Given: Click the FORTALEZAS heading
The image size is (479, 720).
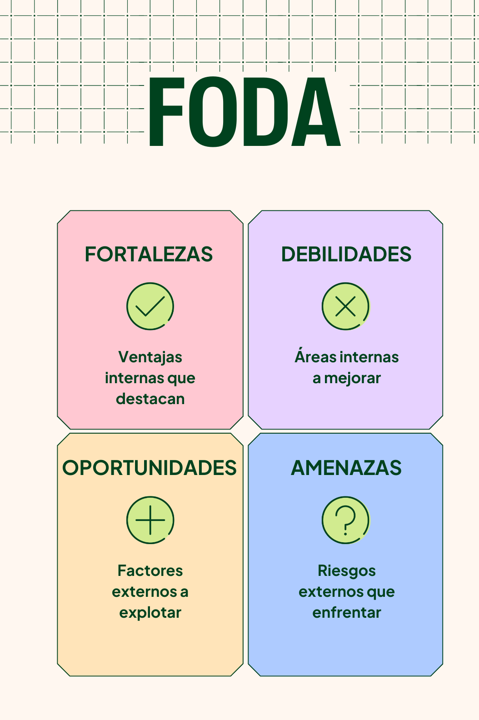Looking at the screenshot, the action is (149, 254).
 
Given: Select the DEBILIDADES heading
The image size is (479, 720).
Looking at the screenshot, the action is (346, 254).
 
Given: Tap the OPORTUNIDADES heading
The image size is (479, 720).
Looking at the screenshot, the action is (150, 468).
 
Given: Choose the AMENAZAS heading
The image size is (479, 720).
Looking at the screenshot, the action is (346, 468).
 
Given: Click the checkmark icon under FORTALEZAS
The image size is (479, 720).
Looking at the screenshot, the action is (150, 306).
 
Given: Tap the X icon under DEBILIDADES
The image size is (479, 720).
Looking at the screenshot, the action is (346, 306).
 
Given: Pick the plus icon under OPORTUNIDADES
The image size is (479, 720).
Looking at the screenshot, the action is (150, 520).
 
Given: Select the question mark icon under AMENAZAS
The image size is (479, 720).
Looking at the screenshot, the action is (346, 520).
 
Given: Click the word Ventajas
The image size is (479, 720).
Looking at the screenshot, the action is (150, 357).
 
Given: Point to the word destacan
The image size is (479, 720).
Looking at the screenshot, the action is (150, 399).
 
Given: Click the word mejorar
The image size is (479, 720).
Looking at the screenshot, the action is (352, 378).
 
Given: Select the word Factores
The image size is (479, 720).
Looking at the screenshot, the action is (150, 570).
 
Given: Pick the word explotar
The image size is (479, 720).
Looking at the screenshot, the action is (150, 613).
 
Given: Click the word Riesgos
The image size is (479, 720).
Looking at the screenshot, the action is (346, 571).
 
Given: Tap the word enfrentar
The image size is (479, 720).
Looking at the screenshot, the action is (346, 613).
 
